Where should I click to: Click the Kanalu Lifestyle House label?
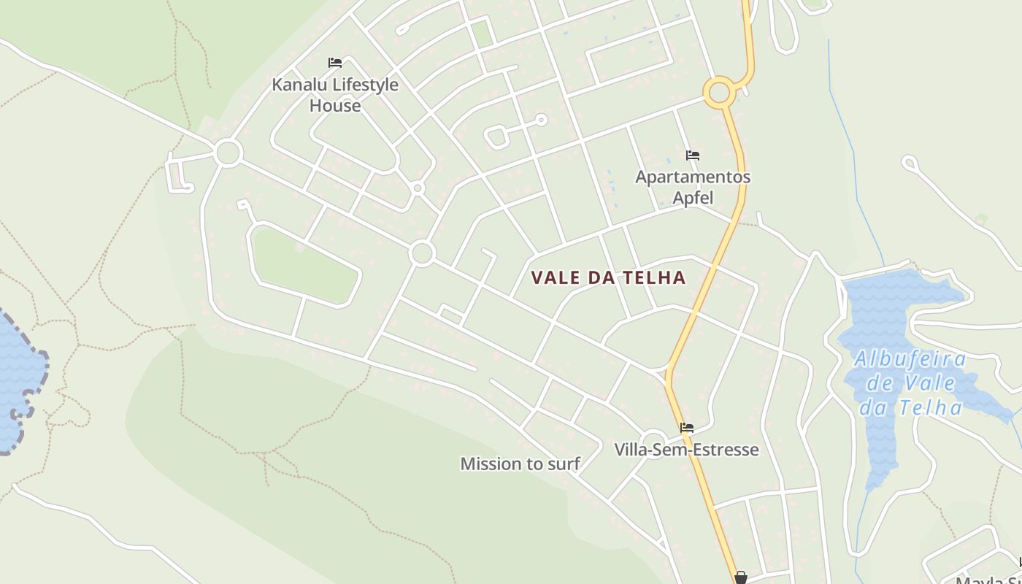(335, 95)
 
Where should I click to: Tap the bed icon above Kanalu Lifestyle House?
(335, 63)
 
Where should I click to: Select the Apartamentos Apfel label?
(693, 187)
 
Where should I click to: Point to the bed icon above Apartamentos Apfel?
(693, 155)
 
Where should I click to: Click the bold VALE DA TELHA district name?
(608, 278)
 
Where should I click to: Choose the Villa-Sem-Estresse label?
(686, 450)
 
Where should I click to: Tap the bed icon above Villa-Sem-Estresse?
(686, 428)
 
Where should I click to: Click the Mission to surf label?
(520, 464)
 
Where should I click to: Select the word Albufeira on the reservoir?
(910, 359)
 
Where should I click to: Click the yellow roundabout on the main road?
(719, 93)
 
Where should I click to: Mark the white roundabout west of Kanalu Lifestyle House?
(228, 153)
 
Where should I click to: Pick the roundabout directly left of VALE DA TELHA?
(422, 253)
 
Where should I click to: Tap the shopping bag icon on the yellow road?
(741, 577)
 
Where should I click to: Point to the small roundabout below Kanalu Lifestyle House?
(418, 188)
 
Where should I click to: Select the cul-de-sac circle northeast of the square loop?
(541, 119)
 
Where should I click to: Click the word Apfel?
(693, 198)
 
